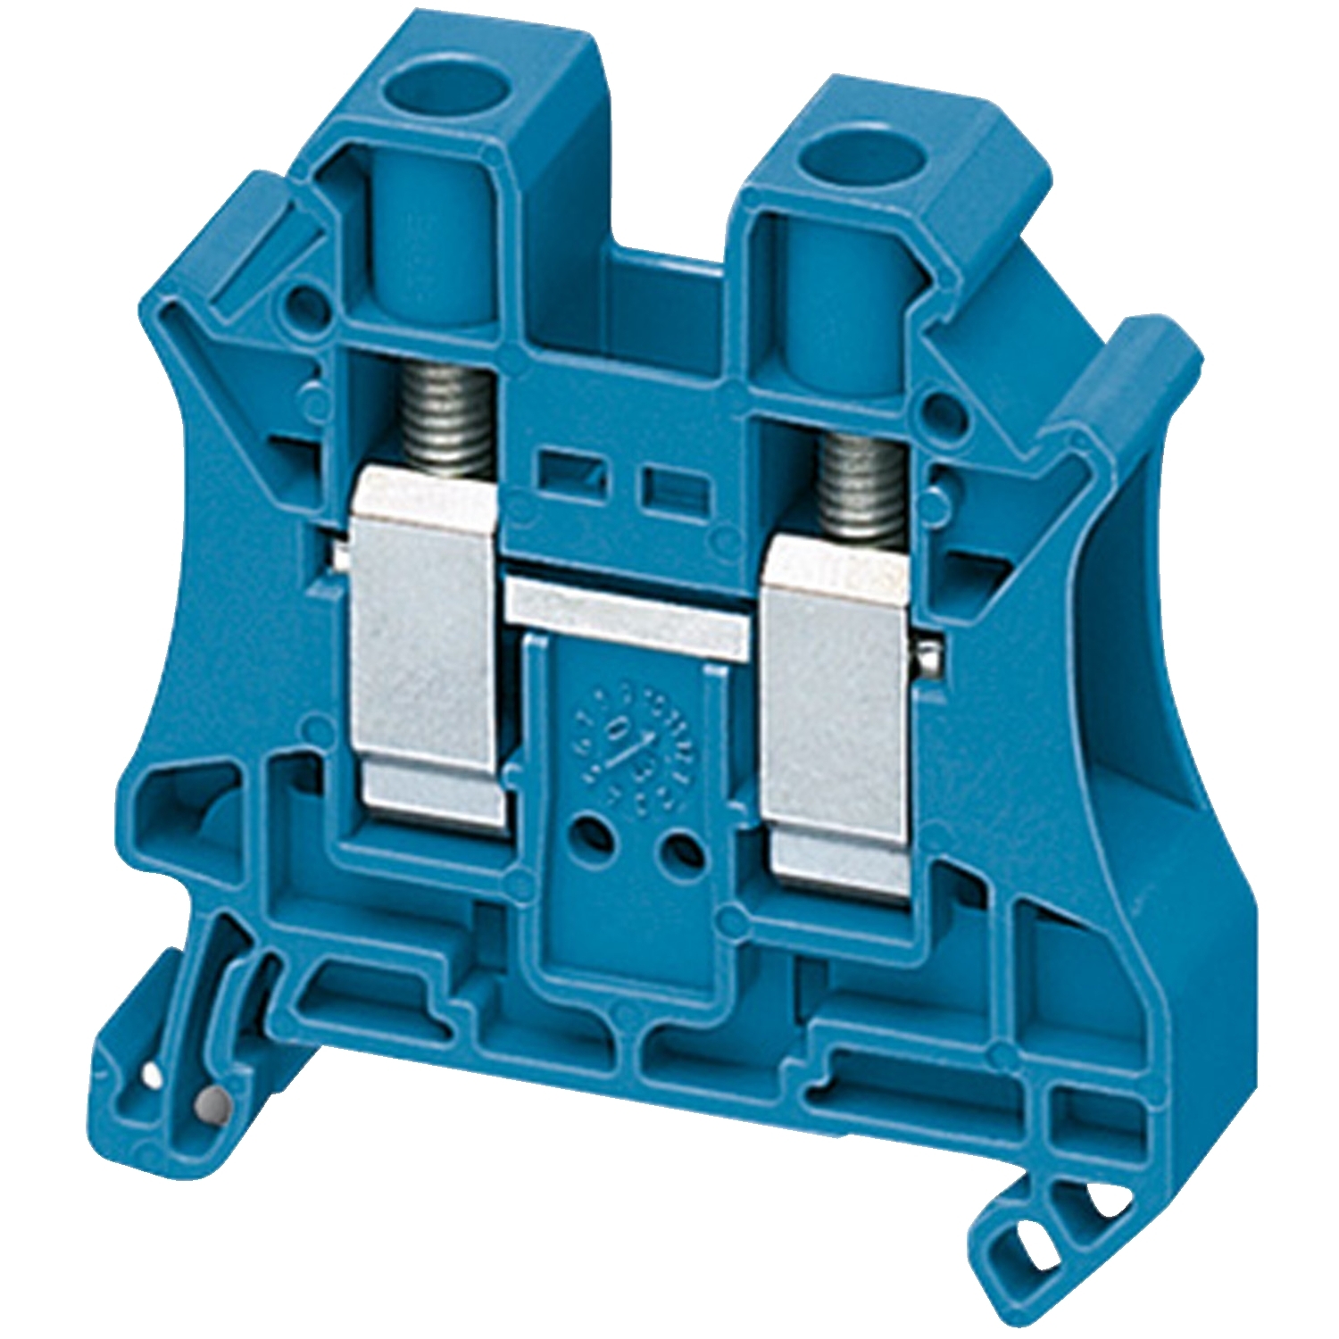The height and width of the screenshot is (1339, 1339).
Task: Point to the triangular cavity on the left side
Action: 187,803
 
